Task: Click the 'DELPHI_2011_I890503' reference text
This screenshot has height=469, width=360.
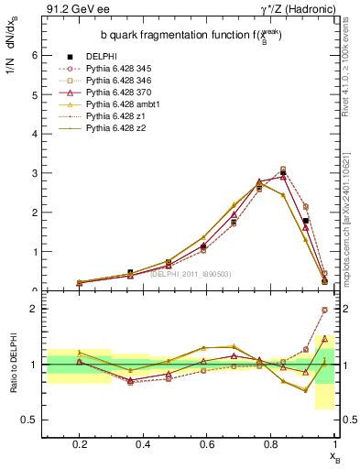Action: [189, 273]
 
